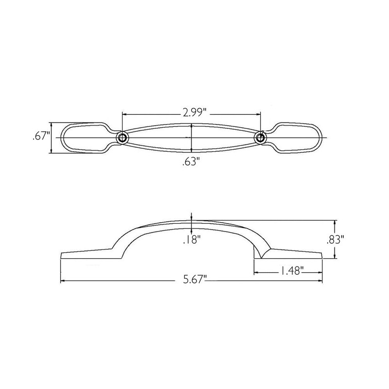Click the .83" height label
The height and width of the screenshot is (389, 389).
click(336, 239)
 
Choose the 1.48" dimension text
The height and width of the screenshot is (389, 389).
click(291, 270)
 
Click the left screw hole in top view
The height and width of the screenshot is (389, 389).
click(122, 138)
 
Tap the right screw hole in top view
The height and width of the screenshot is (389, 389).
click(260, 138)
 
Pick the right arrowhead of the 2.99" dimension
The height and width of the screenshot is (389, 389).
click(259, 114)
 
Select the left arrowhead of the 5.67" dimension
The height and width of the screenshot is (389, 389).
click(62, 281)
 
